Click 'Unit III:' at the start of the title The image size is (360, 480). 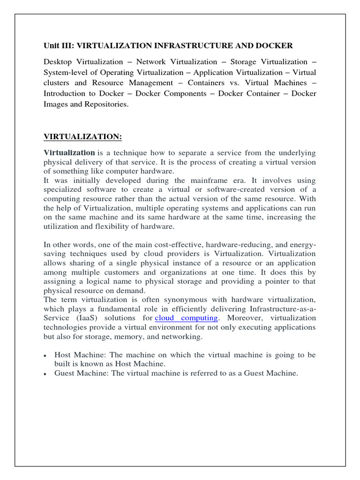[59, 45]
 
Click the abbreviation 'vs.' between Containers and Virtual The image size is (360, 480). [237, 83]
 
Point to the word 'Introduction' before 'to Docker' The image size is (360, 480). [65, 93]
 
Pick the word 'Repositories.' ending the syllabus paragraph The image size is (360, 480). [107, 104]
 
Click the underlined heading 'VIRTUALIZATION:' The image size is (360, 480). [83, 136]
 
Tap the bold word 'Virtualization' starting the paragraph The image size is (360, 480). [69, 153]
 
